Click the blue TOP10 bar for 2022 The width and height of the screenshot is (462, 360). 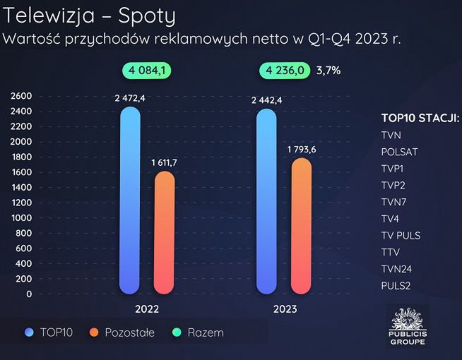(130, 201)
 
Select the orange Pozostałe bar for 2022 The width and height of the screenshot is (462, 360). (164, 233)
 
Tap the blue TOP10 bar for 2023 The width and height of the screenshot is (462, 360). (266, 201)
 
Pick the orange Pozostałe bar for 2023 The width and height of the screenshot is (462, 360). (300, 226)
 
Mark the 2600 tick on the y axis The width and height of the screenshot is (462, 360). (21, 96)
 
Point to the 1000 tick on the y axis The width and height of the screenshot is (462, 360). (21, 217)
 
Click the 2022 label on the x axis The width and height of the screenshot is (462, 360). (147, 309)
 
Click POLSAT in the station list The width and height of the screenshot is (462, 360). (399, 151)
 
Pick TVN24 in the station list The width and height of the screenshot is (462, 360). (396, 269)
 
